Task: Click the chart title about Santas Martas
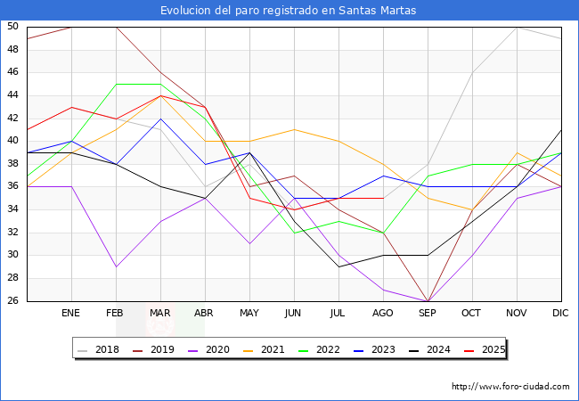tap(289, 11)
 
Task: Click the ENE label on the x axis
tap(71, 314)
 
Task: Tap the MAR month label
tap(160, 314)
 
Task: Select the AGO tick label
tap(383, 314)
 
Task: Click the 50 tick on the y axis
tap(12, 27)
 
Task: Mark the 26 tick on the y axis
tap(12, 301)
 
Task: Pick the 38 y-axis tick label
tap(12, 164)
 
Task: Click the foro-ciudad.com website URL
tap(510, 387)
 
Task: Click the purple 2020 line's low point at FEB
tap(116, 266)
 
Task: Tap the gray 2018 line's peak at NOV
tap(517, 27)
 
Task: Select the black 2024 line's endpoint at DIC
tap(561, 130)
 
